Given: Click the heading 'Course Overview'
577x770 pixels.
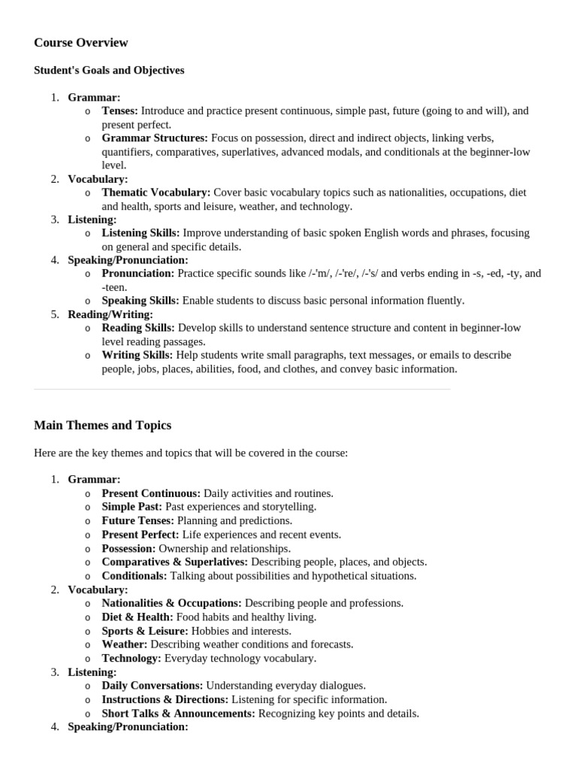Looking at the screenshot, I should click(81, 43).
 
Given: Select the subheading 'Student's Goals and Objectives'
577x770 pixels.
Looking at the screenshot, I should click(109, 71).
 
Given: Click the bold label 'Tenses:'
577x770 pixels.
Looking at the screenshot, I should click(120, 111).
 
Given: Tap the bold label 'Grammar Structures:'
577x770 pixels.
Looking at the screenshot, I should click(155, 138).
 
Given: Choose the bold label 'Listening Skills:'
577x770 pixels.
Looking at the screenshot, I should click(140, 233).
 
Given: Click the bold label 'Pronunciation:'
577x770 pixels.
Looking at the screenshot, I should click(138, 274).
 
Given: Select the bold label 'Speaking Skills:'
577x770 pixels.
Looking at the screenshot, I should click(140, 301).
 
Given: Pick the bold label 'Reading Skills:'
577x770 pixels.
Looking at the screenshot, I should click(138, 328).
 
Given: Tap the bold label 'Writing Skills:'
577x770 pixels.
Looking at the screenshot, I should click(137, 355).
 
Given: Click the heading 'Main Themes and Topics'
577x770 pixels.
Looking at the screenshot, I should click(103, 426).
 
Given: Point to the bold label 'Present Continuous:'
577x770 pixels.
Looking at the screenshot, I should click(151, 493).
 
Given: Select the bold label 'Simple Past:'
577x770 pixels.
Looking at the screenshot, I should click(132, 507).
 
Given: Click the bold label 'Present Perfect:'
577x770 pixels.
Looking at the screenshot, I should click(140, 535).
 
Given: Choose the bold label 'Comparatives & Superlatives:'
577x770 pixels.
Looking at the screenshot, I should click(175, 562).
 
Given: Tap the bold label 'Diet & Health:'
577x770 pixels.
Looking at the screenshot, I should click(136, 617).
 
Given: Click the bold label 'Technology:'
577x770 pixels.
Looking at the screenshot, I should click(131, 658).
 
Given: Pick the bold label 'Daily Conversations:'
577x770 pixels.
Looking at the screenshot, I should click(153, 686).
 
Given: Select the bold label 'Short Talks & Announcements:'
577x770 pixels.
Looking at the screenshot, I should click(179, 714).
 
